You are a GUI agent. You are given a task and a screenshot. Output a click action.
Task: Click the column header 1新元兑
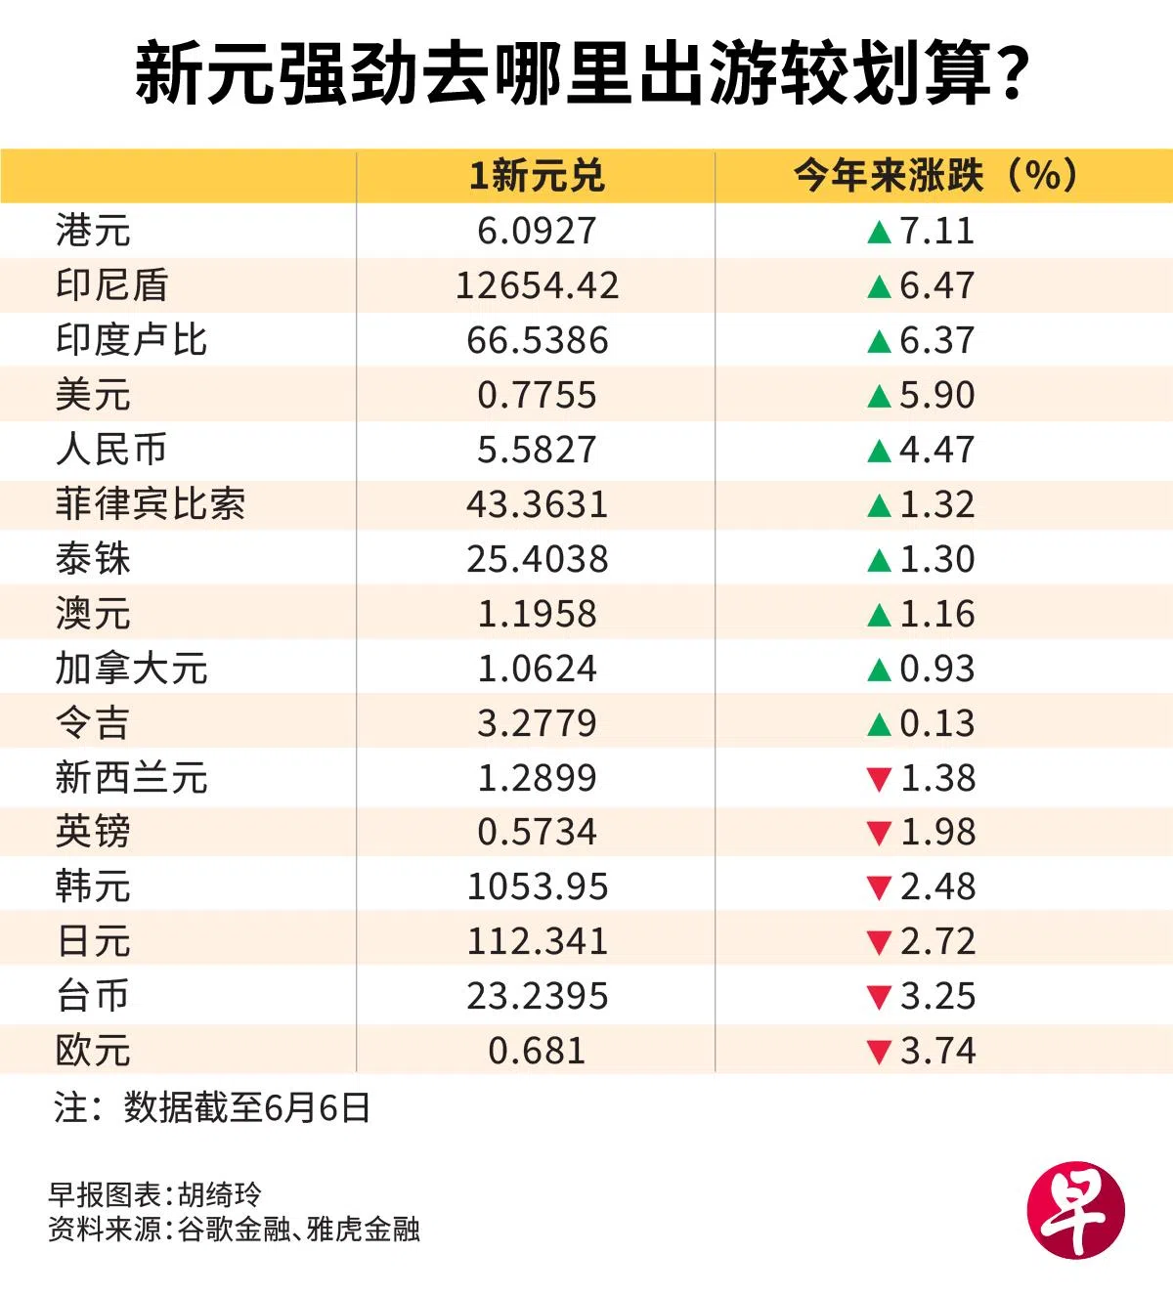pos(537,176)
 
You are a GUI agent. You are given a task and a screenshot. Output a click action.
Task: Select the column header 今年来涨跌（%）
pos(936,176)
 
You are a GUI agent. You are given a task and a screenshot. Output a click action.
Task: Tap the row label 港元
pos(93,230)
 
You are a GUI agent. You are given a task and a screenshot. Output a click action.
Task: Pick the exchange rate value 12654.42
pos(537,285)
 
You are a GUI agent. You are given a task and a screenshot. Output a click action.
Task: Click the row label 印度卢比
pos(131,340)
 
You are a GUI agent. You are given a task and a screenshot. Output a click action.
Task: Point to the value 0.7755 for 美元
pos(537,395)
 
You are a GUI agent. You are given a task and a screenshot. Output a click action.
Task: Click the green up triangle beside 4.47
pos(880,451)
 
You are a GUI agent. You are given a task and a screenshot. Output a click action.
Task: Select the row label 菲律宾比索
pos(151,504)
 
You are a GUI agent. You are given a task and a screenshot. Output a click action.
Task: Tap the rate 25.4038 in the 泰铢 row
pos(537,559)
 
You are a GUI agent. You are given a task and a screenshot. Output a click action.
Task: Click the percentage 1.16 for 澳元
pos(937,614)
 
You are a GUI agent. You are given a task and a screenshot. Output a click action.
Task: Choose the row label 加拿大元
pos(131,668)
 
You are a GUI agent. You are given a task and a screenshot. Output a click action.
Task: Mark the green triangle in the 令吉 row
pos(880,724)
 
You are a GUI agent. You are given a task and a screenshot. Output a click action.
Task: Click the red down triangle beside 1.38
pos(880,779)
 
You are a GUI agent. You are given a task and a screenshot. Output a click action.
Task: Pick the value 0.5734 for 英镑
pos(537,832)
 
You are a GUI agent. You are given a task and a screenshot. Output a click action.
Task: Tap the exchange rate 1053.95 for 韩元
pos(537,887)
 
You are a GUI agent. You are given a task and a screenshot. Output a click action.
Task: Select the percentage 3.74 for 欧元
pos(937,1051)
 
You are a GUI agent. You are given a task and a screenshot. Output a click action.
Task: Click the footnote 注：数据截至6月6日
pos(212,1107)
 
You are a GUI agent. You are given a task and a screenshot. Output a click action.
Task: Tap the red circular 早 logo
pos(1076,1210)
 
